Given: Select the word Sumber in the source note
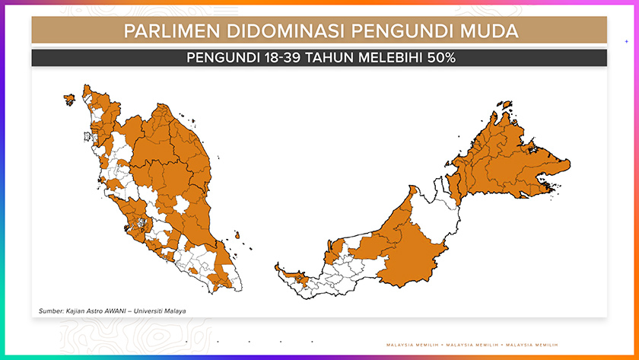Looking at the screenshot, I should [x=52, y=311].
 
